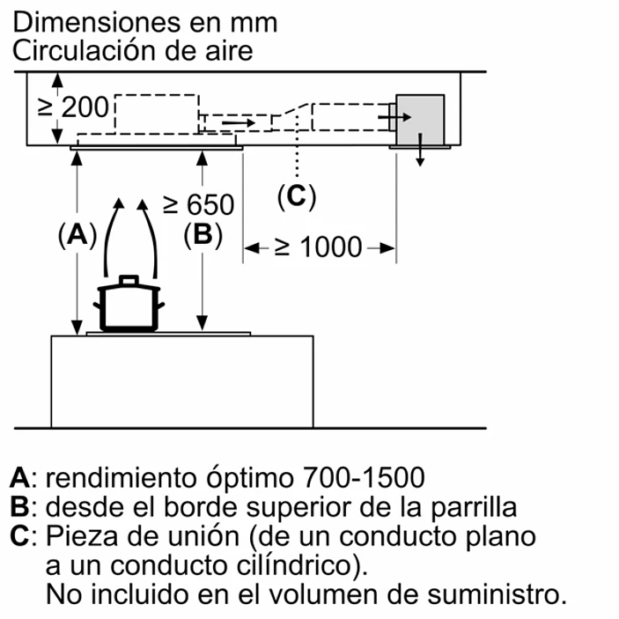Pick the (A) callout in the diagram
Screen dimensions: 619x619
click(77, 235)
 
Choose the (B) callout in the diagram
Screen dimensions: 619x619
click(203, 235)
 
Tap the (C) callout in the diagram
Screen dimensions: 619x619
click(296, 195)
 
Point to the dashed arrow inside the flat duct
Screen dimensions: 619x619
click(238, 120)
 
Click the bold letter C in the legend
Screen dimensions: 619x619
click(20, 536)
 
